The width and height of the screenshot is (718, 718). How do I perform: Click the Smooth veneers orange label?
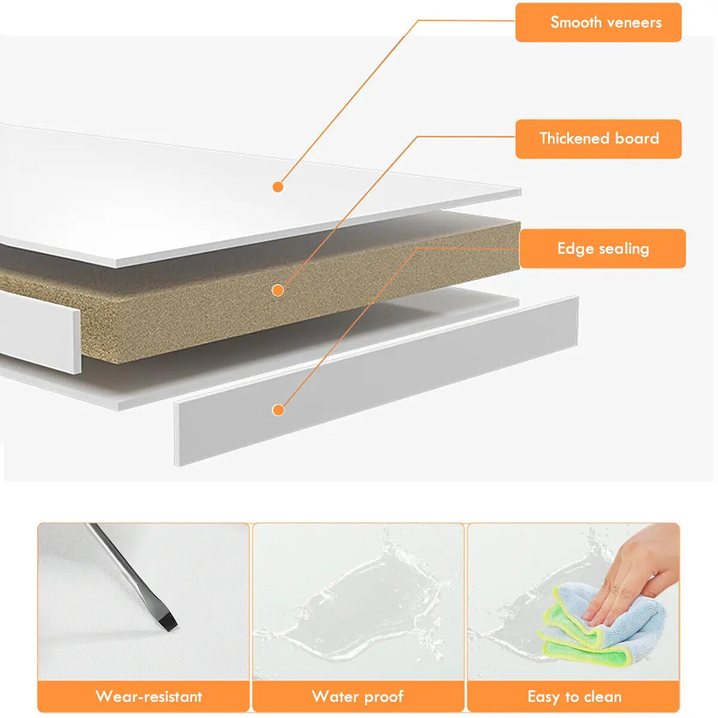click(598, 22)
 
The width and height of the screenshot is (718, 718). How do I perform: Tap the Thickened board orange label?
click(598, 139)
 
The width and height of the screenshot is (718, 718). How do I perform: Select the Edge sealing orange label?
click(602, 248)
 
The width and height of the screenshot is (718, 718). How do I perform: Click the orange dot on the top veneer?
click(278, 187)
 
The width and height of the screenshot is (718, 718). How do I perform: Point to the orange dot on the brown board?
click(278, 290)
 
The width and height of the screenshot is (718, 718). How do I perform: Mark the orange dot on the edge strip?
click(278, 410)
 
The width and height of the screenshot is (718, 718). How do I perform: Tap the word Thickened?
click(574, 138)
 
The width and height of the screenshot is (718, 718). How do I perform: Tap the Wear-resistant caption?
click(148, 696)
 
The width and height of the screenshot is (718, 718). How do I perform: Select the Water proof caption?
click(358, 696)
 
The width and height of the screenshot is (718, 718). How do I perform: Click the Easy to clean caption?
click(574, 696)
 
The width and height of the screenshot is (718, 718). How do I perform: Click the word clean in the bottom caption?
click(603, 696)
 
